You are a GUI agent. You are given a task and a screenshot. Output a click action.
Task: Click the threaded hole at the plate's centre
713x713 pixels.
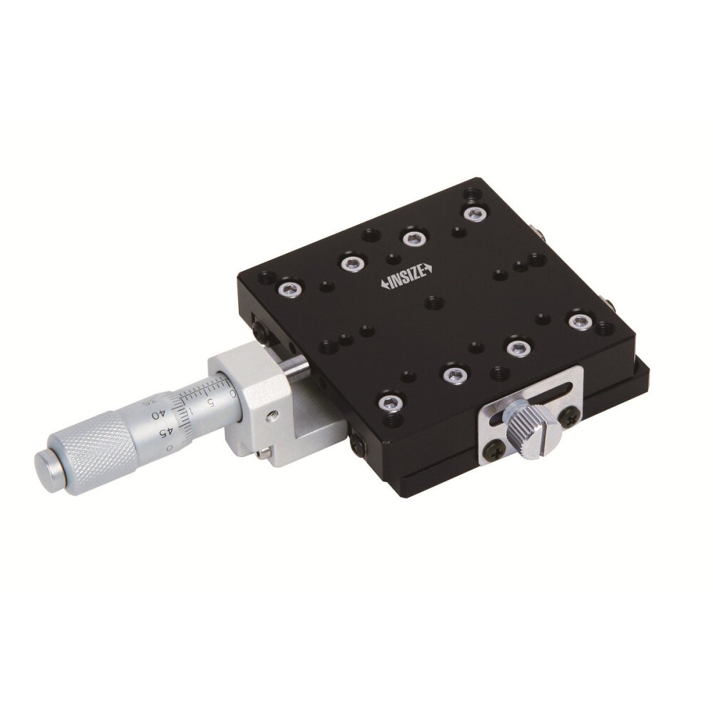pyautogui.click(x=432, y=304)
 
